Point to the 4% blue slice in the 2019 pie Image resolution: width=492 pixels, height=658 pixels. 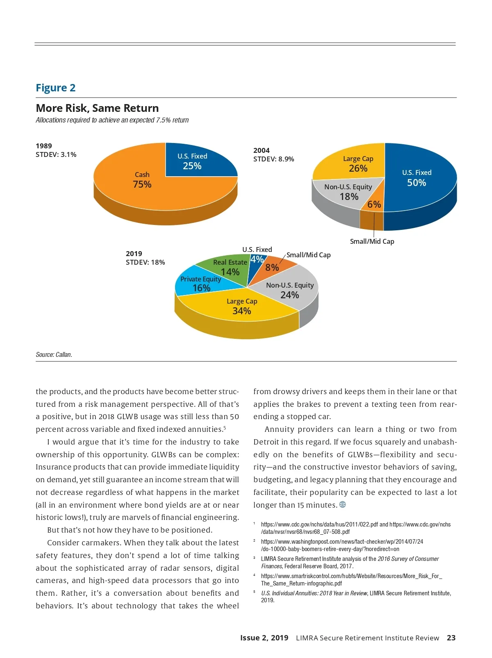[x=256, y=260]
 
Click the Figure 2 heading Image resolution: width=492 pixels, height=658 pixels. [x=56, y=88]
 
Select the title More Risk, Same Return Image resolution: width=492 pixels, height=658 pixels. [x=97, y=108]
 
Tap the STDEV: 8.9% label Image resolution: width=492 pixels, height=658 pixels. [x=273, y=159]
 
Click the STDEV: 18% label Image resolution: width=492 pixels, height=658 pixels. [x=145, y=262]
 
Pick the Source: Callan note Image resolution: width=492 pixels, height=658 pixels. [x=54, y=354]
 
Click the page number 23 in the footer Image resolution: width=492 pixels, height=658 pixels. [x=451, y=638]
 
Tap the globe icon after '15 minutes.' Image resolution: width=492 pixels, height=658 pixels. [x=343, y=504]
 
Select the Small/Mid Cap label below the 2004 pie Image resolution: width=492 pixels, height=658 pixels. [x=372, y=241]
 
